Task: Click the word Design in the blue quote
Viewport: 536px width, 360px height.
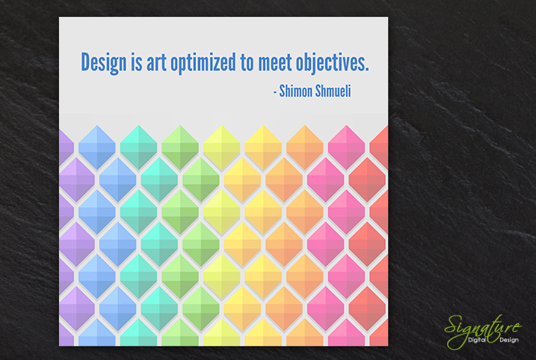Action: (103, 63)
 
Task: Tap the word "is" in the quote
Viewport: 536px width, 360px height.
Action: (136, 62)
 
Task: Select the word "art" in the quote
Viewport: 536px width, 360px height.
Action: (156, 63)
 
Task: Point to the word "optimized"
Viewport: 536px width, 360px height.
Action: (203, 63)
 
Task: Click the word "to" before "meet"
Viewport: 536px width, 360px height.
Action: (247, 63)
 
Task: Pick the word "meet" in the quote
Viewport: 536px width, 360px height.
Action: (275, 63)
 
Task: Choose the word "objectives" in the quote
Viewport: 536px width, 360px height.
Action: (331, 63)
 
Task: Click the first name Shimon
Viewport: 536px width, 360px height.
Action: (296, 91)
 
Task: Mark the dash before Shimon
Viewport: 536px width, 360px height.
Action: (275, 93)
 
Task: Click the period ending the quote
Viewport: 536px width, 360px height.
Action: (367, 70)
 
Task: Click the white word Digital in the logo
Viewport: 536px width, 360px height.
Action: (477, 340)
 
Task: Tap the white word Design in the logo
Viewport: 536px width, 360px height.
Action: (509, 340)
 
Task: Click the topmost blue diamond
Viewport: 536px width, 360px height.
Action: (97, 147)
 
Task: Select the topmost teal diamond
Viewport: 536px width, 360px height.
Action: (139, 147)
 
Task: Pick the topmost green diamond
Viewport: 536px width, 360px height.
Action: (180, 147)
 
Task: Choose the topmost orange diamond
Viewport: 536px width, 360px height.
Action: (305, 147)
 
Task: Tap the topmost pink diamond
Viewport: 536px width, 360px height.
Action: (346, 147)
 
